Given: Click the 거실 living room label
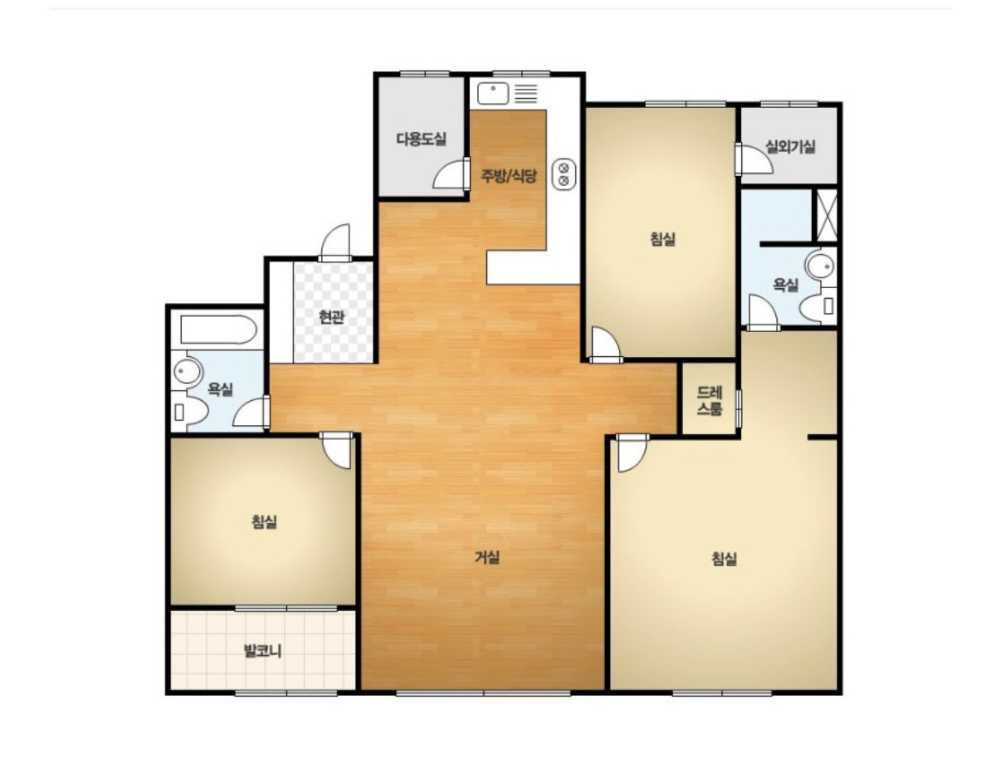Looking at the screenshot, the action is coord(487,556).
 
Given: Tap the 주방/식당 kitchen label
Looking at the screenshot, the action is coord(509,175).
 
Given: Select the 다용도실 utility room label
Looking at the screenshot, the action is coord(421,139).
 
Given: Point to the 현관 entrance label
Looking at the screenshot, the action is coord(331,316).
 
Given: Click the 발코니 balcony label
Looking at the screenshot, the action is coord(262,651).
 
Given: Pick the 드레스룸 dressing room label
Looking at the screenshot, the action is coord(709,400).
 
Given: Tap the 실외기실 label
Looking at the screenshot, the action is coord(790,147).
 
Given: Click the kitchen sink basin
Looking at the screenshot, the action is coord(492,94).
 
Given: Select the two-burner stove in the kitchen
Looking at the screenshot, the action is coord(564,174).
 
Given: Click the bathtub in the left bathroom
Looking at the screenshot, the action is coord(218,330).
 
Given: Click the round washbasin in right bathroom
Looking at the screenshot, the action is coord(821,265).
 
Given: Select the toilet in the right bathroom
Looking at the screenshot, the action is coord(818,306).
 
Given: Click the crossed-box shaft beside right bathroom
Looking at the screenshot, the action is coord(825,214).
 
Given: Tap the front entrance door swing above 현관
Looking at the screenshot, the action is coord(335,242).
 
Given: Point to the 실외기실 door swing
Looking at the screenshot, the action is coord(754,159).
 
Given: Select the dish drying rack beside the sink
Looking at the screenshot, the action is coord(525,94).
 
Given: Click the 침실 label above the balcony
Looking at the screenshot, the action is coord(264,521).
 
